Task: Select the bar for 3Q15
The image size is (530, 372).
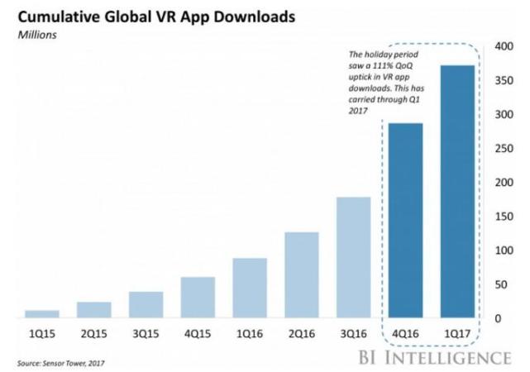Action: (146, 305)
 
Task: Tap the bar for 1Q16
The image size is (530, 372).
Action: (249, 289)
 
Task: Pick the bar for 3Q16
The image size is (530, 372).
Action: (353, 258)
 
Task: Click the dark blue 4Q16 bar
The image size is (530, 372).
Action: (405, 221)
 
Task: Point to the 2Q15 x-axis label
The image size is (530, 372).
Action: (93, 336)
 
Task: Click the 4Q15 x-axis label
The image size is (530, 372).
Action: (198, 336)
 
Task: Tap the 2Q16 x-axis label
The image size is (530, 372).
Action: (301, 336)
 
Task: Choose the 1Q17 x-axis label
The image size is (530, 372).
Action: (457, 336)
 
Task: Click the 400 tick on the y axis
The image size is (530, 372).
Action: (504, 46)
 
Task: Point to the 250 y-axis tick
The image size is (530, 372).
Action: (504, 149)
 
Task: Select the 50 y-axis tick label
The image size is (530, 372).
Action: (501, 285)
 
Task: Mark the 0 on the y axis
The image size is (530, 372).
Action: (498, 319)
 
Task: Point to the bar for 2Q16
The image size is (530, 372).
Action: (301, 275)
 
